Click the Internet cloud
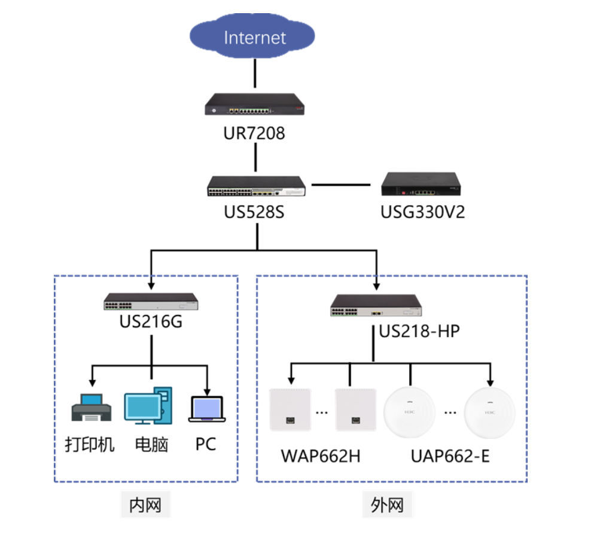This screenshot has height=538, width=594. point(252,36)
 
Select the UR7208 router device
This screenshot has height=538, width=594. point(255,104)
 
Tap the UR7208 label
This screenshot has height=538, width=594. point(254,133)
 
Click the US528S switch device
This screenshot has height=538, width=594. point(256,186)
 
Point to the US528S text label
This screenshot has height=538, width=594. point(254,212)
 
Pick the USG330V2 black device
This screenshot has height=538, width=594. point(421,184)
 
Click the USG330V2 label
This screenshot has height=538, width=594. point(423,212)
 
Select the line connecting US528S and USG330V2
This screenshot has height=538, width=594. point(341,185)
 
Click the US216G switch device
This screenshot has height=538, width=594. point(151,301)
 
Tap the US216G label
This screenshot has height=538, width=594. point(151,322)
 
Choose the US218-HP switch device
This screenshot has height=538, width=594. point(376,305)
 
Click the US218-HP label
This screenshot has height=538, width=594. point(419,331)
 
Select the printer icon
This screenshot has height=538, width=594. point(92,407)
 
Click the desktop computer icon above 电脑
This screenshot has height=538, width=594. point(148,405)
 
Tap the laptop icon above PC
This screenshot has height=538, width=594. point(207,409)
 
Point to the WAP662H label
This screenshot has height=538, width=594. point(321,456)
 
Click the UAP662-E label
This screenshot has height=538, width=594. point(450,456)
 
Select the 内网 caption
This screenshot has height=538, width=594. point(145,505)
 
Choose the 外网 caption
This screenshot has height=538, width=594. point(387,505)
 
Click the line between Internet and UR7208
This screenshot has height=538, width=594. point(255,73)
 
